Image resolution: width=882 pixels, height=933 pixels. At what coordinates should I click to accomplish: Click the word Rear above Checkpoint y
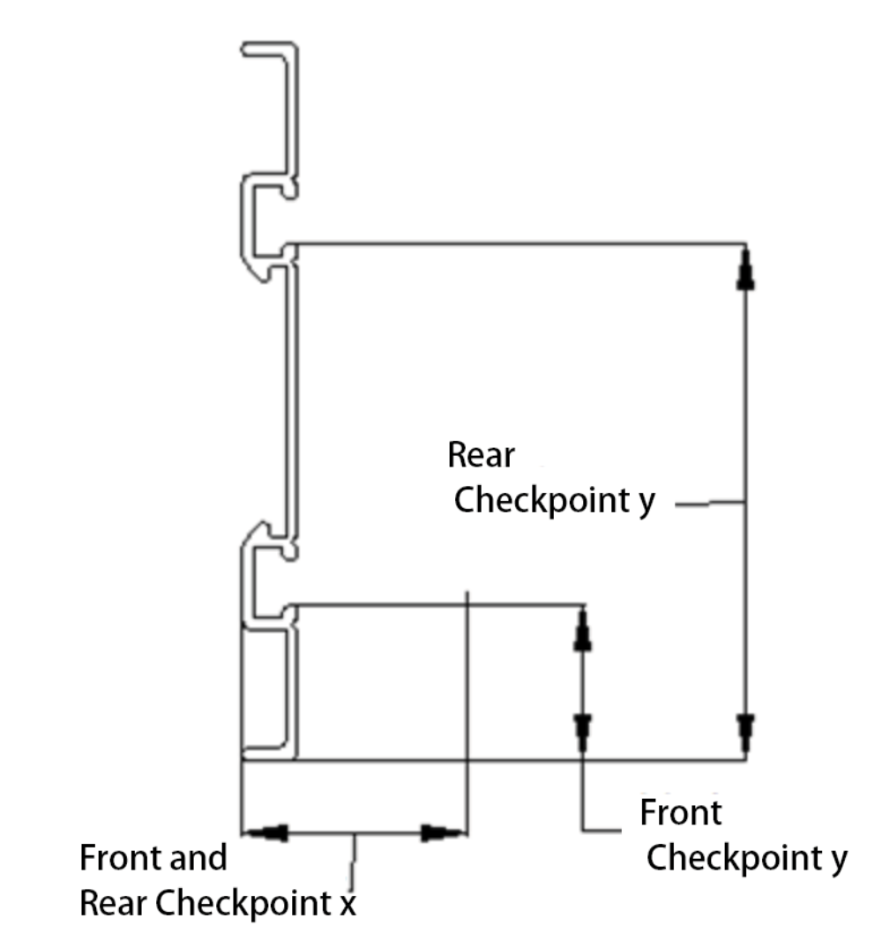point(481,456)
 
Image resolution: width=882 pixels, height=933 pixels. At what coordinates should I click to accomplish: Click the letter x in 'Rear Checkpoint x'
point(348,904)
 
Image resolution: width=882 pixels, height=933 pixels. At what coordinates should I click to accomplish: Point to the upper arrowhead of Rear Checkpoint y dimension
point(746,267)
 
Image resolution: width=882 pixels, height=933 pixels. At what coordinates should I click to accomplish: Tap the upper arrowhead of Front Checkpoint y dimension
point(581,630)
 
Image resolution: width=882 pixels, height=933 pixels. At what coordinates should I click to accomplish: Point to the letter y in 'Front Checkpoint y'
point(839,859)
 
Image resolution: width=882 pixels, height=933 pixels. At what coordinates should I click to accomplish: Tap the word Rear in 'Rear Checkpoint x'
point(111,903)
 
